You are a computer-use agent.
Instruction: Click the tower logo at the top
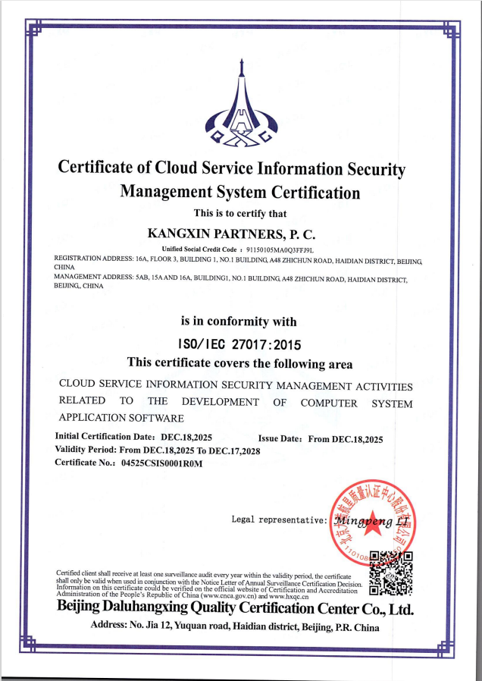coord(240,106)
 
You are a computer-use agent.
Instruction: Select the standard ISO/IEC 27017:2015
coord(239,343)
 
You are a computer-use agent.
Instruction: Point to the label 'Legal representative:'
coord(280,520)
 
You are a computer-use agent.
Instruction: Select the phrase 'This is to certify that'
coord(240,213)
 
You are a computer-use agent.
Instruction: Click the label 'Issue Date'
coord(280,438)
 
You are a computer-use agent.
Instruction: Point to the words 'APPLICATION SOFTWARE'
coord(121,418)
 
